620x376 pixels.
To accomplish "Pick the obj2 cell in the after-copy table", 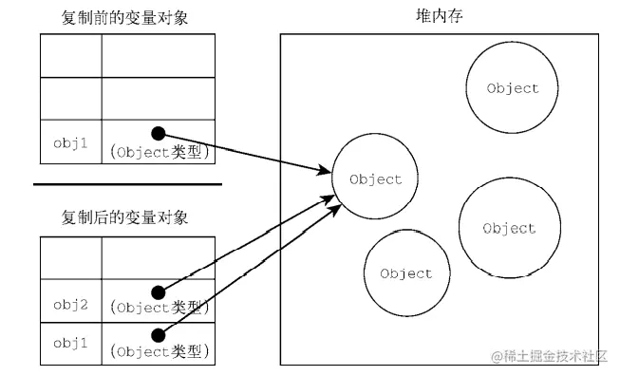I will [70, 305].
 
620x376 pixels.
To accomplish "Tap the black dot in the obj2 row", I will [159, 292].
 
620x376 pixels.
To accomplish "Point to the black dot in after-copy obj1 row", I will [159, 332].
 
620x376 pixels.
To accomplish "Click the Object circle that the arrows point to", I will [375, 179].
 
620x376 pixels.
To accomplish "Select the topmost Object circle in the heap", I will [512, 87].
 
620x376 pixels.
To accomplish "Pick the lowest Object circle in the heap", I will [405, 273].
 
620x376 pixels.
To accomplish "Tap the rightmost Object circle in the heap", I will [508, 228].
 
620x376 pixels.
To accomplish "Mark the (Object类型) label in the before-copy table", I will [160, 151].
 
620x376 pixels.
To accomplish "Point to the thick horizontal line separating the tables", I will [127, 183].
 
